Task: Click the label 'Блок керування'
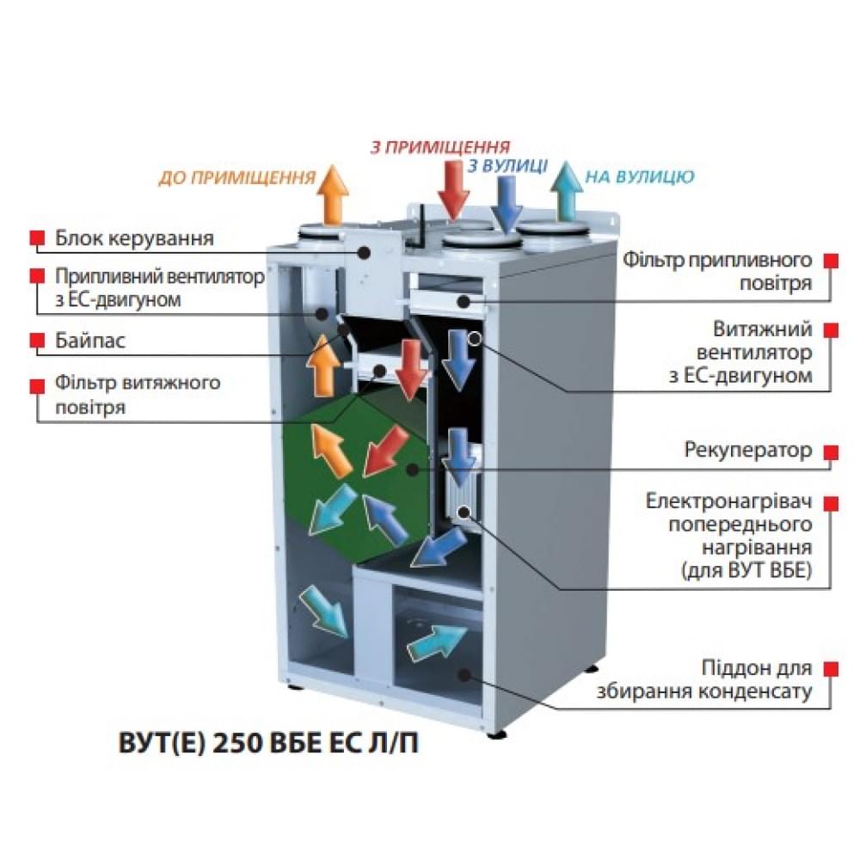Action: click(133, 237)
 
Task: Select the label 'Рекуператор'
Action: click(747, 450)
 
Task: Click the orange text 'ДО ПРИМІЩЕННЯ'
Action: click(236, 178)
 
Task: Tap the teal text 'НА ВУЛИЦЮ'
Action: click(639, 178)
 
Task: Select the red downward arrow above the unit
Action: click(453, 187)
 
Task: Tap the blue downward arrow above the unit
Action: click(508, 203)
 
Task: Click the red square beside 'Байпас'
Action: click(36, 340)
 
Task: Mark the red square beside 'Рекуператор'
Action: click(831, 451)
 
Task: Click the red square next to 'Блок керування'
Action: click(36, 236)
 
